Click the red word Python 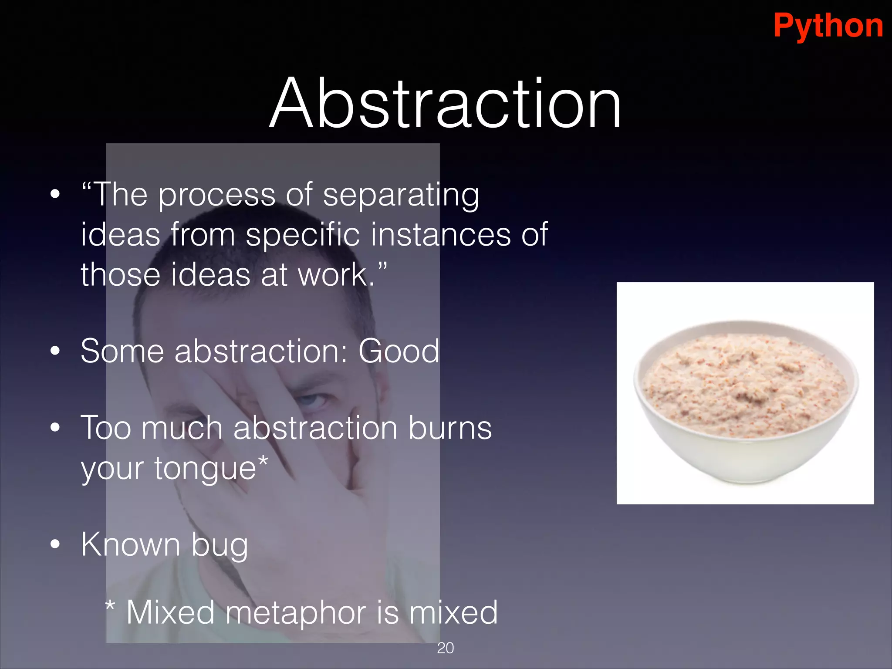(828, 26)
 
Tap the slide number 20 (445, 648)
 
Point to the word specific (302, 235)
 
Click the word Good (399, 351)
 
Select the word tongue (205, 470)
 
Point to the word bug (220, 546)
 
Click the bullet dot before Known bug (55, 544)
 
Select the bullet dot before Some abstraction (55, 351)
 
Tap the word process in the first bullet (216, 196)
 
